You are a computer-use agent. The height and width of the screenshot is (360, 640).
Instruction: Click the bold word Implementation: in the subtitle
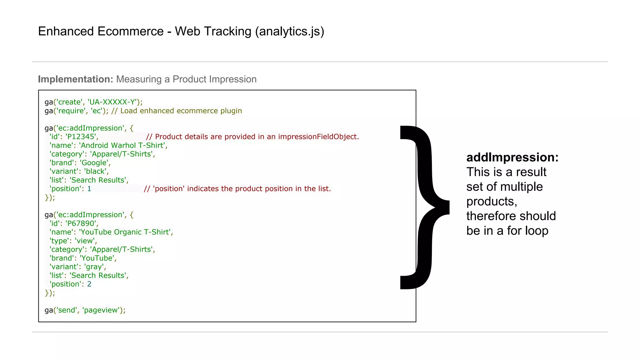(75, 79)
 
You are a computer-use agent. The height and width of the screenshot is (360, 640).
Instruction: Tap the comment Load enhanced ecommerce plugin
(181, 111)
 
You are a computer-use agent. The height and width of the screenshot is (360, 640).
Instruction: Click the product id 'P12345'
(81, 137)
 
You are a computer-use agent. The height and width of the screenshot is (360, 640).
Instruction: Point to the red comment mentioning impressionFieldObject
(252, 137)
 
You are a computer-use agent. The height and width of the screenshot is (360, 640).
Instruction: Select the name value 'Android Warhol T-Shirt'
(122, 146)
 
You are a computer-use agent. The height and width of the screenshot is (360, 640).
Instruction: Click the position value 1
(89, 189)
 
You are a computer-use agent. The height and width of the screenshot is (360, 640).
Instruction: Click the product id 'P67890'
(81, 223)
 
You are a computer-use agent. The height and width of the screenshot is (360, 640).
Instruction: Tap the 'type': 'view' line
(73, 241)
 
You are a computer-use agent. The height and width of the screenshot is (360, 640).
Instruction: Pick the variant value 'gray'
(94, 267)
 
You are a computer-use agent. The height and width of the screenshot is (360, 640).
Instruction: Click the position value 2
(89, 284)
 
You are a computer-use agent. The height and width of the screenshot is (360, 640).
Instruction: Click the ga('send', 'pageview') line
(85, 310)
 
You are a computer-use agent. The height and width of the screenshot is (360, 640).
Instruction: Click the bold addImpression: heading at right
(512, 157)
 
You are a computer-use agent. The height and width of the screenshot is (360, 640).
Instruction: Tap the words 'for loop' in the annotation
(527, 231)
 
